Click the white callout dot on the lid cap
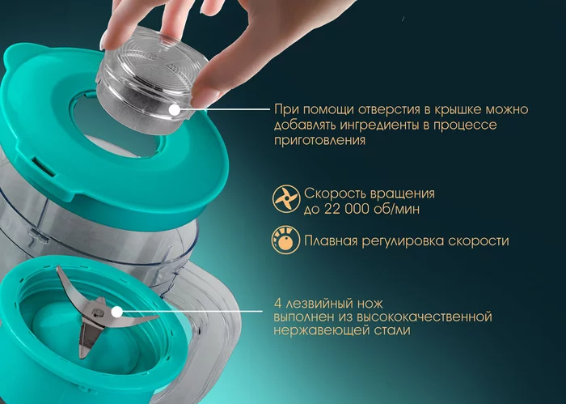coord(175,109)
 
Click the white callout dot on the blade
coord(116,311)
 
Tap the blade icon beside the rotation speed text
coord(286,198)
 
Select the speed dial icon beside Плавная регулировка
coord(285,240)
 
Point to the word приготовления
coord(320,140)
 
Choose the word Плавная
coord(331,241)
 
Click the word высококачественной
coord(424,317)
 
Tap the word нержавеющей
coord(318,330)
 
